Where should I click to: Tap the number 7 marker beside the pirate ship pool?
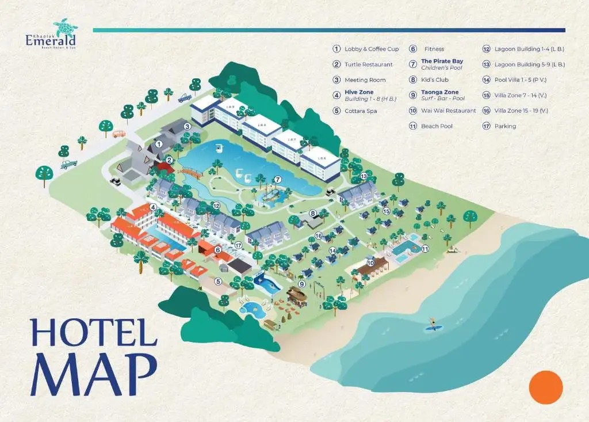[277, 179]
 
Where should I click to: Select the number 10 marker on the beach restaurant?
[371, 263]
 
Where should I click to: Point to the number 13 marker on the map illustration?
[364, 176]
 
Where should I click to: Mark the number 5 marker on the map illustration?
[218, 282]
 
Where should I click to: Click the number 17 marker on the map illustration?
[238, 245]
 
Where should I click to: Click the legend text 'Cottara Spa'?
[361, 111]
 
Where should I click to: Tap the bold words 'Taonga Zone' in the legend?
[439, 92]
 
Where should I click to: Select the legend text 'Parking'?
[505, 126]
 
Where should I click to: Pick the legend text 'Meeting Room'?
[365, 80]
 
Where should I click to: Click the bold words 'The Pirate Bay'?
[442, 61]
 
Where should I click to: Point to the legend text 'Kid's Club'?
[434, 80]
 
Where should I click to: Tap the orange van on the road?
[119, 134]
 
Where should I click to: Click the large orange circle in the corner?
[545, 387]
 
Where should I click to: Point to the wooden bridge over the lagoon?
[191, 172]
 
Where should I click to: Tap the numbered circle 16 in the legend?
[486, 111]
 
